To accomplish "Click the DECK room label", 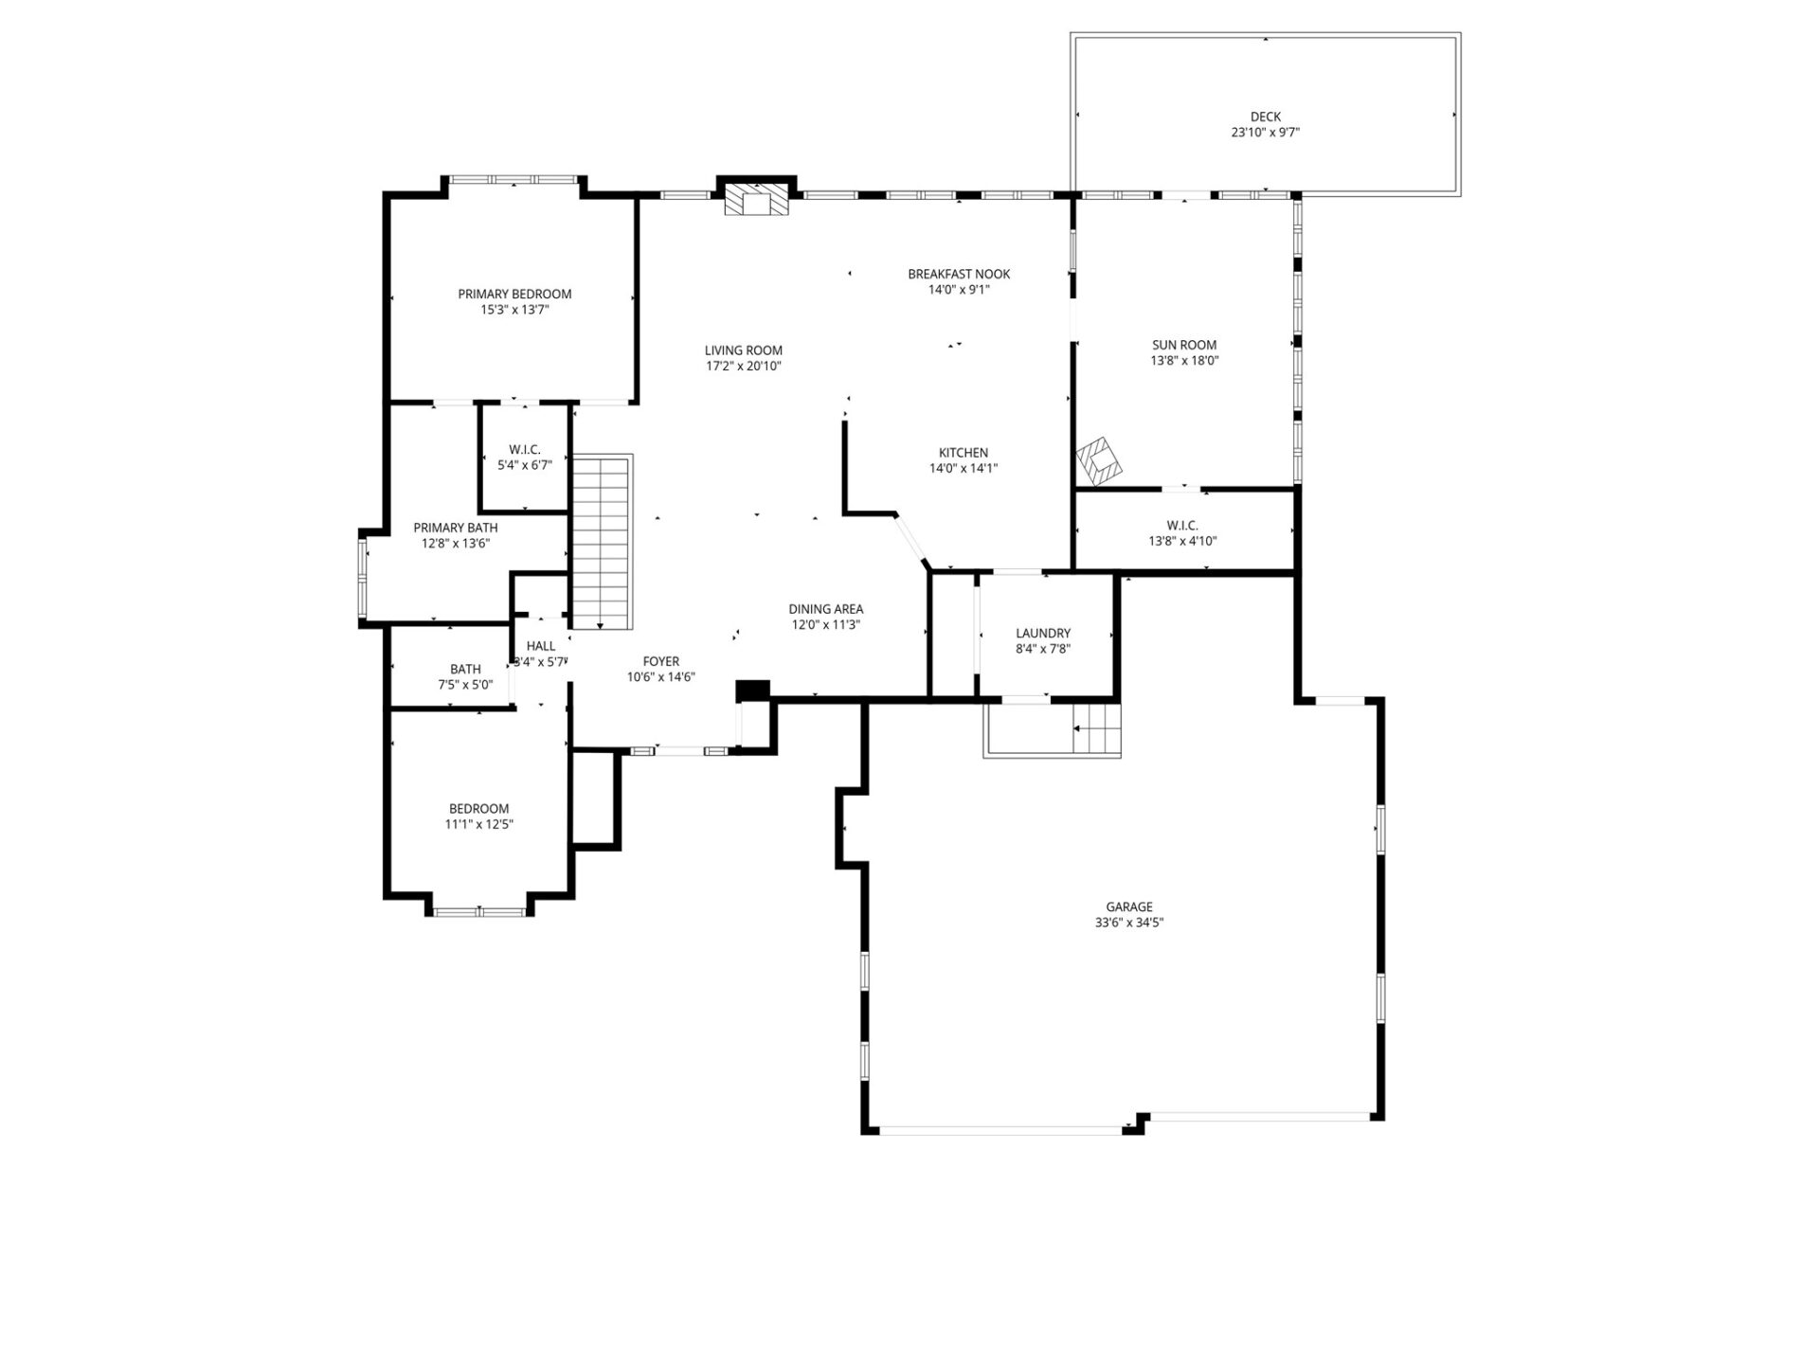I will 1265,117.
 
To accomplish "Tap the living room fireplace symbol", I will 756,201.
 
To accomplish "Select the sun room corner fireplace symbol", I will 1099,458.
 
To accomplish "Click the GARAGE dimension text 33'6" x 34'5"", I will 1128,922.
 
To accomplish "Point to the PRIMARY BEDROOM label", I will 514,294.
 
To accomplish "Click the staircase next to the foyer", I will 602,542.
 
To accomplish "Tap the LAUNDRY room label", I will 1043,634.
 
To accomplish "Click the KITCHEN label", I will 964,453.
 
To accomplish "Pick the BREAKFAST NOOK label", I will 959,274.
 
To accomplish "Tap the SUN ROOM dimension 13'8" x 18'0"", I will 1184,361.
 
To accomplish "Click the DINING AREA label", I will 825,609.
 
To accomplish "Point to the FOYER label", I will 660,662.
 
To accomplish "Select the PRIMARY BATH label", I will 455,528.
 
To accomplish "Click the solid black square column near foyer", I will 753,691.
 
